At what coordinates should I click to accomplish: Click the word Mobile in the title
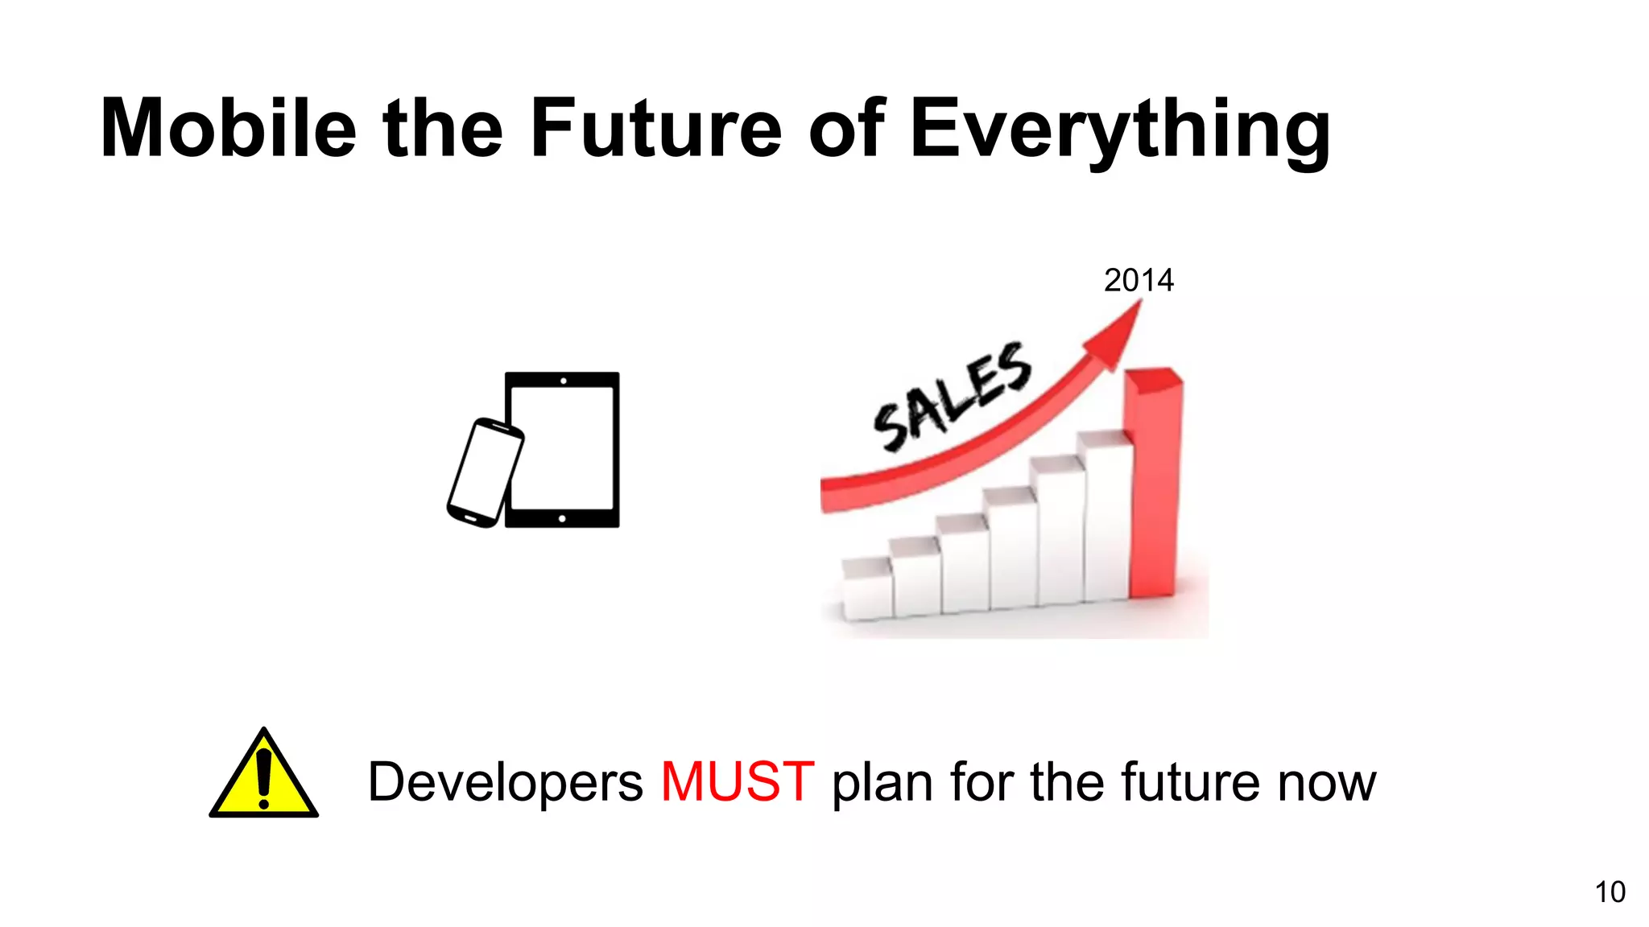coord(228,129)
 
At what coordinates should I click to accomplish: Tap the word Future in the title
coord(655,129)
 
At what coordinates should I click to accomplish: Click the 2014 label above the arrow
coord(1139,281)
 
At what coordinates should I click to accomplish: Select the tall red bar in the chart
coord(1153,483)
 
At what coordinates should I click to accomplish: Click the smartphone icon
coord(485,473)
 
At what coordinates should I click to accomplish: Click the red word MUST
coord(737,781)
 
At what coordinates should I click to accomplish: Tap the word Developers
coord(505,783)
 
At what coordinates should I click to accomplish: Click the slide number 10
coord(1610,892)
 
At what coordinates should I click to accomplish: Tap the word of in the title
coord(846,129)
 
